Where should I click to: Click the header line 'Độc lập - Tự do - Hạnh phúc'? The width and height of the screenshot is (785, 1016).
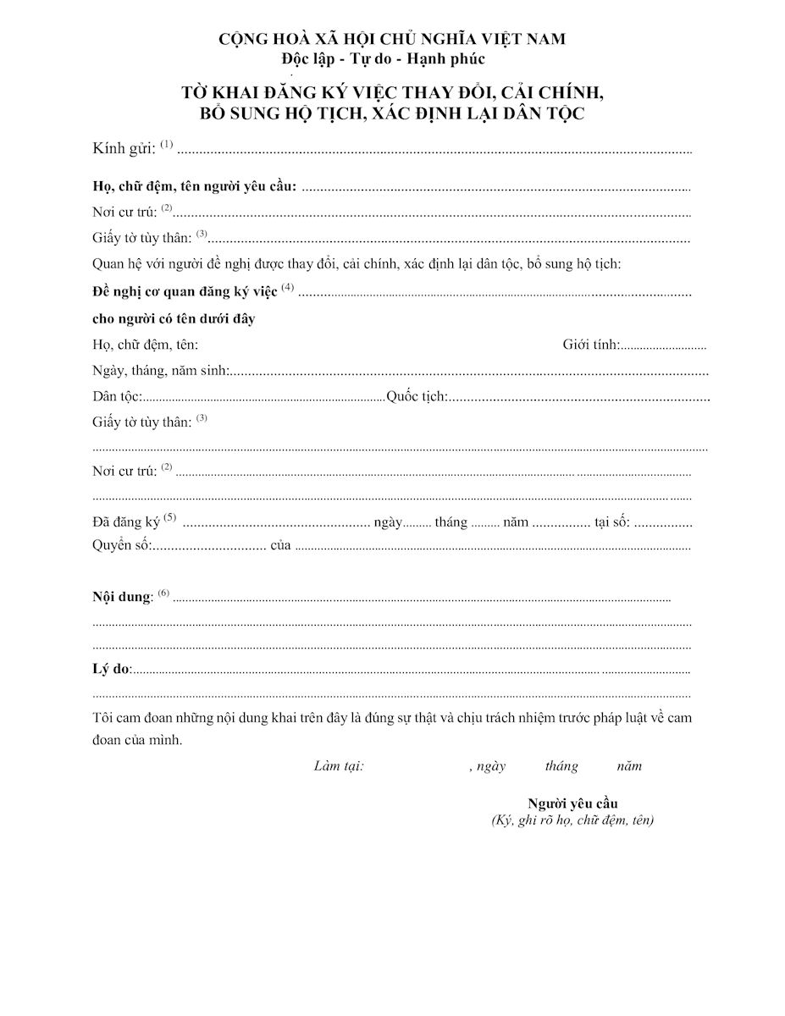384,59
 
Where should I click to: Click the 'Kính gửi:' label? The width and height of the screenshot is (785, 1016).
124,149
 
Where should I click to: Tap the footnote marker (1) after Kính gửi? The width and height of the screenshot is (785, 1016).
166,144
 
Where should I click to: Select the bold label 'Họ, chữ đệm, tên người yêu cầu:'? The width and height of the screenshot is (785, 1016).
194,187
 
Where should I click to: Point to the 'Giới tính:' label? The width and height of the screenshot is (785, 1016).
591,345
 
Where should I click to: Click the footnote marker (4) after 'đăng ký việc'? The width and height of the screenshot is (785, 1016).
288,287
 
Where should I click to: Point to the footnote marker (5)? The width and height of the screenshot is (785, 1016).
170,517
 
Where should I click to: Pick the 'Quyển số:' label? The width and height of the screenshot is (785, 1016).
122,545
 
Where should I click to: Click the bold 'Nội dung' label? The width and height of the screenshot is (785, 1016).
122,596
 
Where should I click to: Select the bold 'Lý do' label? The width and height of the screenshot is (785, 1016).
111,669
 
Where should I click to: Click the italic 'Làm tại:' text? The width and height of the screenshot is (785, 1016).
339,766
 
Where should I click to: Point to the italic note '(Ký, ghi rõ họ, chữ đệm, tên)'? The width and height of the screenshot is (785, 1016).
572,820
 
